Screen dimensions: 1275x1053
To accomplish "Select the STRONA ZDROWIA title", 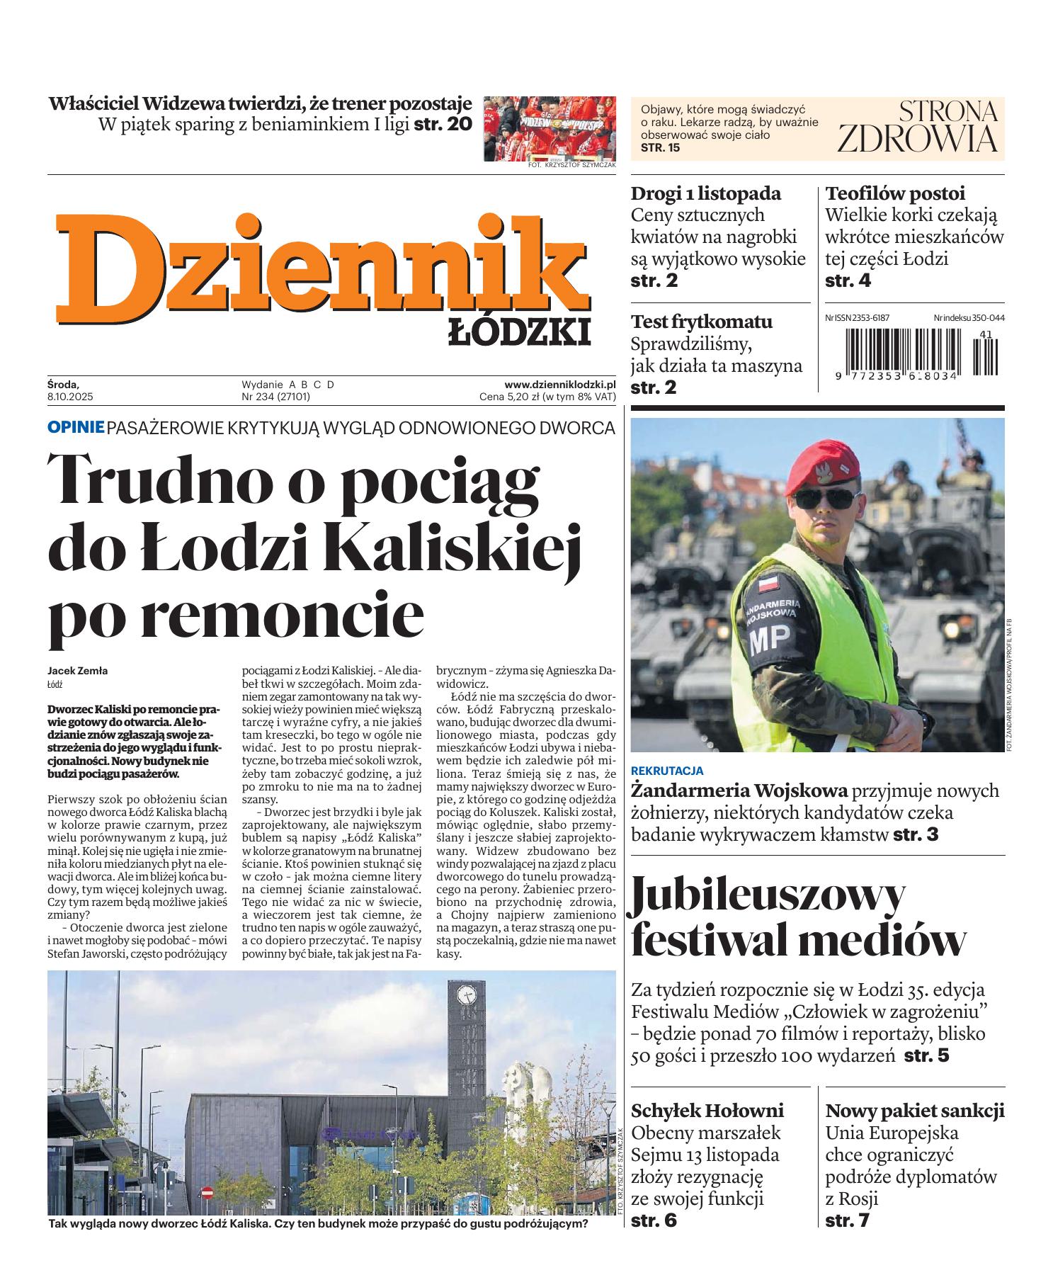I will pyautogui.click(x=917, y=127).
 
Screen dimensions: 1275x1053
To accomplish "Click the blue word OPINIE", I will pyautogui.click(x=76, y=428).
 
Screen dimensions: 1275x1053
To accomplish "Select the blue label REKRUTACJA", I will pyautogui.click(x=666, y=771).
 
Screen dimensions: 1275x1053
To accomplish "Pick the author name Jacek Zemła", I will pyautogui.click(x=78, y=671).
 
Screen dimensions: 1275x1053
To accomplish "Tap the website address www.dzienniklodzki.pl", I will pyautogui.click(x=559, y=385).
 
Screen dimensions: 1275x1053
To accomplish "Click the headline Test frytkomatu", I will pyautogui.click(x=701, y=322).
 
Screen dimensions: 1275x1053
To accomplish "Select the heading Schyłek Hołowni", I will pyautogui.click(x=707, y=1110).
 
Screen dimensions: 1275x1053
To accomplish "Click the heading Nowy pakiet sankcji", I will pyautogui.click(x=915, y=1110).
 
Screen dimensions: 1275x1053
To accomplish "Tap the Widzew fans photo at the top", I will pyautogui.click(x=550, y=129).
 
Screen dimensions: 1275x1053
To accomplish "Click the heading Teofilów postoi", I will pyautogui.click(x=895, y=193).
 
